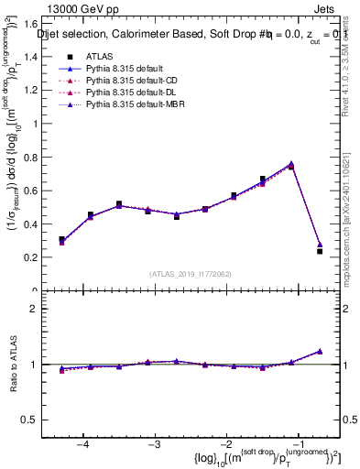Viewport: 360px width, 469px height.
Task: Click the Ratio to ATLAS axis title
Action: [14, 365]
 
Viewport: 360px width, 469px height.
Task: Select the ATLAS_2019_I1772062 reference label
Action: [189, 273]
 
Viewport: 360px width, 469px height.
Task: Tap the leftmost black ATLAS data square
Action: [61, 240]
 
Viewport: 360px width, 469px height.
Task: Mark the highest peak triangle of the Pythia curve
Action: [291, 164]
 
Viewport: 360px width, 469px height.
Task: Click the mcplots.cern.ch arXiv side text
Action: [352, 183]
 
